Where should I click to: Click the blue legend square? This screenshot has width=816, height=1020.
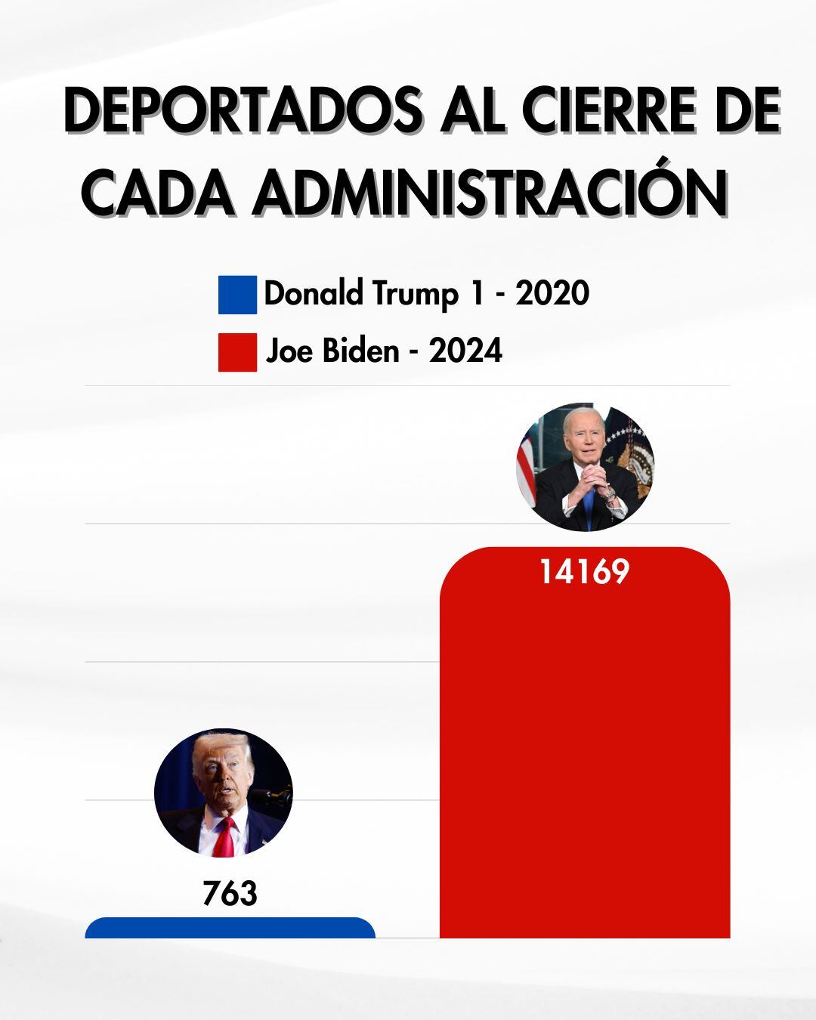click(237, 295)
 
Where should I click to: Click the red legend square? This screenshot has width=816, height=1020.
click(237, 352)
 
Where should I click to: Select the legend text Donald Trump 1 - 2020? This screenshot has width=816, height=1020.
click(426, 293)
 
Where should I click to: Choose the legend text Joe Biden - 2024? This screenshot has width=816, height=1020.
click(383, 351)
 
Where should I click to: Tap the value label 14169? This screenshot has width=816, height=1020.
click(584, 572)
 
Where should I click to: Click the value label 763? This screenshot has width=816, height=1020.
click(230, 894)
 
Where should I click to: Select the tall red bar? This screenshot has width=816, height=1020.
click(584, 756)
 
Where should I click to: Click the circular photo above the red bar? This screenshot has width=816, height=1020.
click(585, 466)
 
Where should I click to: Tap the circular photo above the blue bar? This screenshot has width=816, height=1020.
click(223, 793)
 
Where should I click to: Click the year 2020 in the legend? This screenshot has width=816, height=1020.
click(552, 293)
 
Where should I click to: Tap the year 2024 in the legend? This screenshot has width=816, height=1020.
click(465, 351)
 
